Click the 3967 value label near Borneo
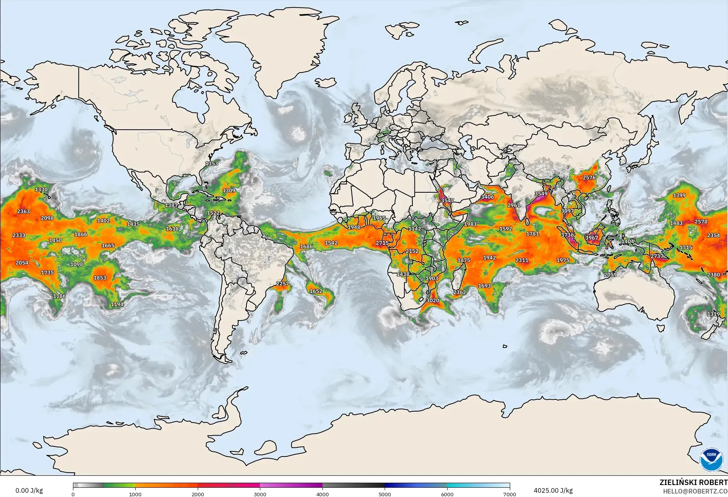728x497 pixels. point(591,237)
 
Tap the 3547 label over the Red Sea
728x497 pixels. point(447,200)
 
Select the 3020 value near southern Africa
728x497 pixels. point(433,300)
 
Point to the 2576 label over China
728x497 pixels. point(589,178)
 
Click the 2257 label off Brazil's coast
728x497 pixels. point(282,283)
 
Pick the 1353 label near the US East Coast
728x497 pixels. point(212,163)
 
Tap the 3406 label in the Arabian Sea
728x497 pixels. point(487,197)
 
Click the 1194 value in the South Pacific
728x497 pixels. point(117,304)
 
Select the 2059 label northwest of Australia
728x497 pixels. point(610,275)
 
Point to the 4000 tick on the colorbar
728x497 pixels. point(322,494)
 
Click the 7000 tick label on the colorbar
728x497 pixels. point(509,494)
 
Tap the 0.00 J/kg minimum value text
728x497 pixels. point(29,490)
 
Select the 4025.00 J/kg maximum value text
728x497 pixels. point(553,490)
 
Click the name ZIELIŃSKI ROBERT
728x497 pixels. point(693,482)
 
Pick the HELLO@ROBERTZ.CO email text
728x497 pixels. point(695,491)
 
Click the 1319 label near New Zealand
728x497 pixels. point(713,314)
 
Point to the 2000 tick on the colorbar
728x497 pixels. point(198,494)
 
